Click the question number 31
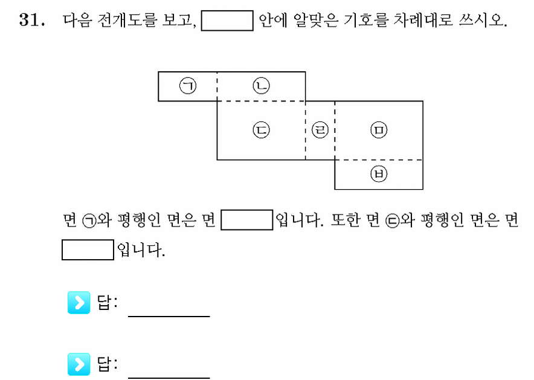pos(31,20)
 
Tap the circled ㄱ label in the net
pos(188,85)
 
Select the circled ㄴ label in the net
pos(261,85)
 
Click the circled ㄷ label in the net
pos(261,130)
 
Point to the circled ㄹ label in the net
pos(320,130)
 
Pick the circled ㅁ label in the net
pos(379,130)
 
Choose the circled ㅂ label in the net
pos(379,174)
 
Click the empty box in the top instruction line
pos(227,21)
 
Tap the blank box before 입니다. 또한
pos(247,220)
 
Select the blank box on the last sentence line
pos(88,250)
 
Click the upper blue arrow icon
pos(79,302)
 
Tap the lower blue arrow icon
pos(79,364)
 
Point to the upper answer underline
pos(169,317)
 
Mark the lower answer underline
pos(169,378)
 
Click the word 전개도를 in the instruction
pos(127,20)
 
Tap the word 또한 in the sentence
pos(345,220)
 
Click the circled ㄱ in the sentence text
pos(89,221)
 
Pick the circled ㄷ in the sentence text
pos(392,221)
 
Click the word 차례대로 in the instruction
pos(423,20)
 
